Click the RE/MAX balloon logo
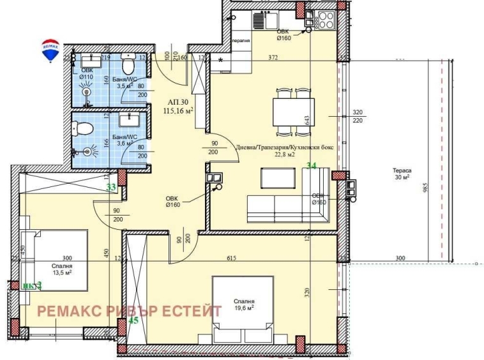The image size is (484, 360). [50, 50]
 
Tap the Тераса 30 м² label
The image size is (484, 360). [402, 174]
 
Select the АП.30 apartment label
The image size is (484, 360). [179, 101]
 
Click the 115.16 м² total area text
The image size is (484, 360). [178, 110]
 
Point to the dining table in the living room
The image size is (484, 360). [294, 113]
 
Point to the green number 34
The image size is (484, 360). [312, 166]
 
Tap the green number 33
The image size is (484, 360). [110, 188]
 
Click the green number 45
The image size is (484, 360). [133, 320]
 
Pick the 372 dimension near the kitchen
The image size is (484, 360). [273, 58]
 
